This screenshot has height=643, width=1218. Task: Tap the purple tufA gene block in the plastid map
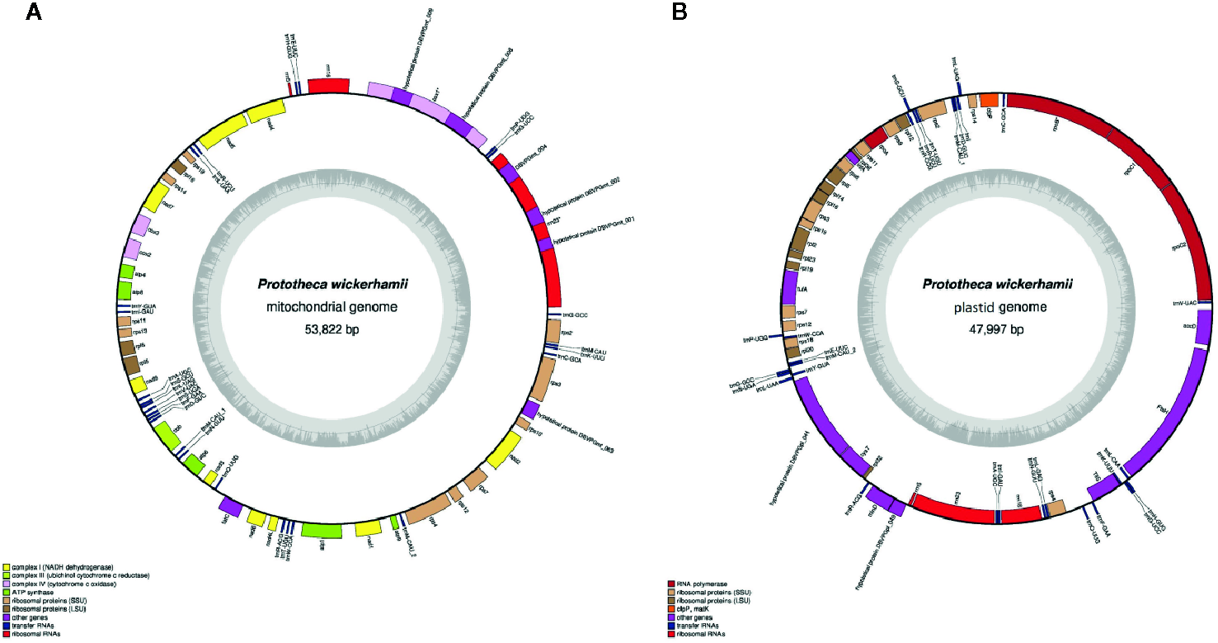(790, 288)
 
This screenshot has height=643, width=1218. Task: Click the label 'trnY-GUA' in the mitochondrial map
(143, 305)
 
